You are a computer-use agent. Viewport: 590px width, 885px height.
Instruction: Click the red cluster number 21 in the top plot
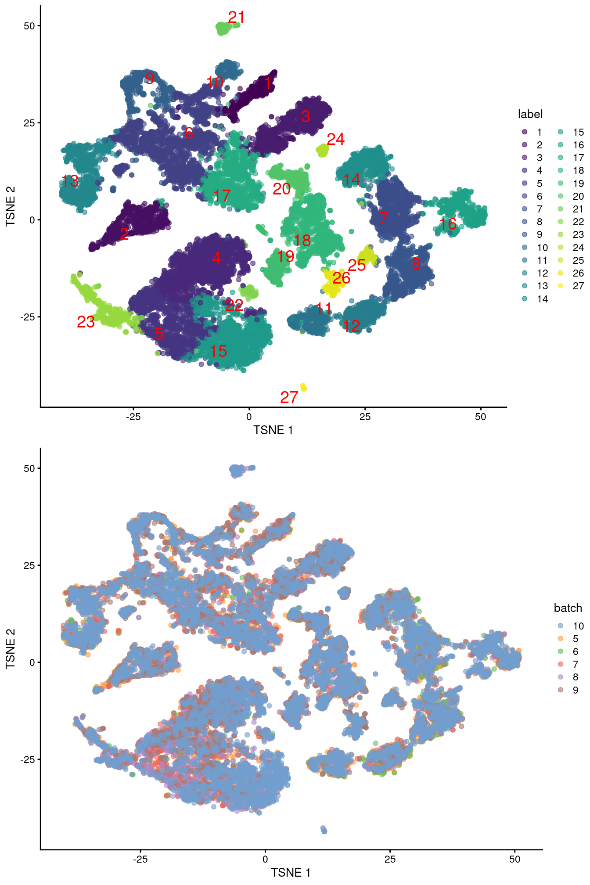pos(236,17)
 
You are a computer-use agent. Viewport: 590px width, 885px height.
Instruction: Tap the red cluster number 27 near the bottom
pos(289,397)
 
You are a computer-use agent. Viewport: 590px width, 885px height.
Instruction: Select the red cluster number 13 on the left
pos(70,181)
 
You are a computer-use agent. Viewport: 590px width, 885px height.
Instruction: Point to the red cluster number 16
pos(448,224)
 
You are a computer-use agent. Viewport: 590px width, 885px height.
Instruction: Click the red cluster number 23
pos(86,322)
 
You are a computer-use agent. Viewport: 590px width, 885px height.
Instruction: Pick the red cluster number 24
pos(335,139)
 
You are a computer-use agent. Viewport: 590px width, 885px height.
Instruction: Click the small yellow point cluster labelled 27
pos(303,387)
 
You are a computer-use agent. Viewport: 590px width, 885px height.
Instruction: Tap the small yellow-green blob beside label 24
pos(323,150)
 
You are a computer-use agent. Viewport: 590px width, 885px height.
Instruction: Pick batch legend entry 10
pos(572,626)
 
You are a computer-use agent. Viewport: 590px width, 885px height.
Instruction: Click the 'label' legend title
pos(530,114)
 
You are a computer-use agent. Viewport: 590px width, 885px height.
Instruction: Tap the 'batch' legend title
pos(568,608)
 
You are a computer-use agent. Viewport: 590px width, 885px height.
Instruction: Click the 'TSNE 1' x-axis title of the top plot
pos(273,430)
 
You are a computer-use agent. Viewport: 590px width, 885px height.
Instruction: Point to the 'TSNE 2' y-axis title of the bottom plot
pos(10,649)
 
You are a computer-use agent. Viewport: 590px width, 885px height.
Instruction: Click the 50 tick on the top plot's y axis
pos(29,25)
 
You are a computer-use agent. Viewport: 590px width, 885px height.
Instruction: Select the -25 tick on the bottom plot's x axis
pos(140,859)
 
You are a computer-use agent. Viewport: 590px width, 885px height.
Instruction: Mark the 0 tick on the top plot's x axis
pos(249,417)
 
